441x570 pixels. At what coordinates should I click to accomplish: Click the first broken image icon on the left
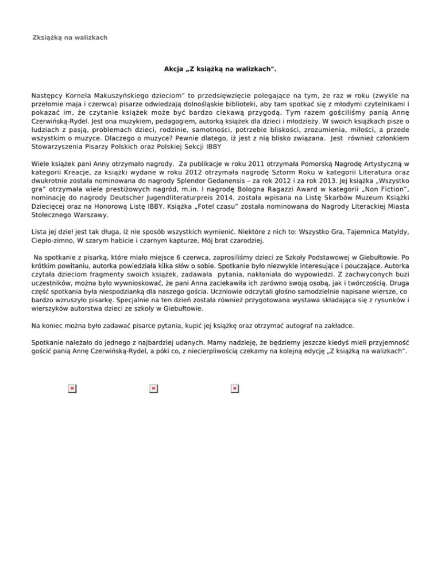(72, 389)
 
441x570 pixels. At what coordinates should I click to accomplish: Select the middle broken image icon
(153, 389)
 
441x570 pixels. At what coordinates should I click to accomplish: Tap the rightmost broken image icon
(235, 389)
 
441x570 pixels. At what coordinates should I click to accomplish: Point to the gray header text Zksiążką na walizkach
(70, 37)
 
